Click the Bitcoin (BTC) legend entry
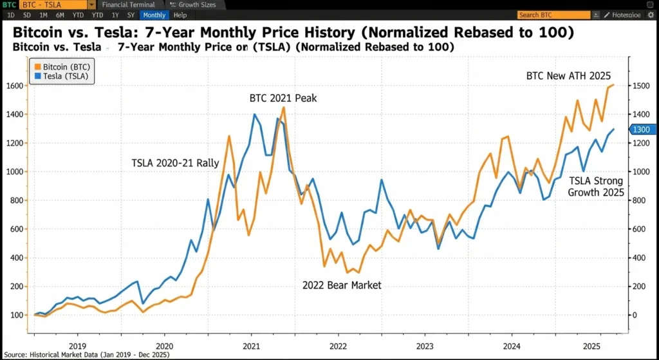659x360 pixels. pyautogui.click(x=62, y=66)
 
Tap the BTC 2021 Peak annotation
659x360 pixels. pyautogui.click(x=283, y=99)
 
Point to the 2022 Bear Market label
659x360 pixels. pyautogui.click(x=342, y=285)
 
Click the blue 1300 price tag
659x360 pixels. pyautogui.click(x=642, y=129)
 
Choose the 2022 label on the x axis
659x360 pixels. pyautogui.click(x=339, y=346)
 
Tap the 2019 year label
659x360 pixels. pyautogui.click(x=77, y=346)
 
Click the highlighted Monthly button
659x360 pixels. pyautogui.click(x=154, y=15)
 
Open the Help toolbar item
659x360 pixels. pyautogui.click(x=180, y=15)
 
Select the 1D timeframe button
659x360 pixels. pyautogui.click(x=11, y=15)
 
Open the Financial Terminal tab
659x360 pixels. pyautogui.click(x=128, y=5)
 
